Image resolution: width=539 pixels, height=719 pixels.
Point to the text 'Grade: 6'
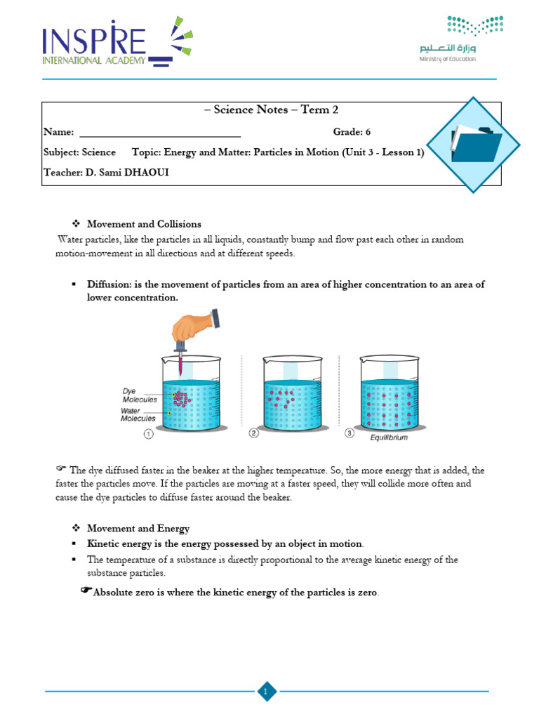[x=352, y=132]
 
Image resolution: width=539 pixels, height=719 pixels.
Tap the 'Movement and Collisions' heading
[x=144, y=224]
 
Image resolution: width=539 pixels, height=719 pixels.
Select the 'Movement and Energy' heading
[x=138, y=528]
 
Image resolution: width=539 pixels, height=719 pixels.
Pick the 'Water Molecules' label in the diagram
[x=138, y=414]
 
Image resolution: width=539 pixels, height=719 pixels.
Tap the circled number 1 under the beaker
[x=149, y=434]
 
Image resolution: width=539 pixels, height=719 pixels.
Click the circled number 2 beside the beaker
[x=253, y=434]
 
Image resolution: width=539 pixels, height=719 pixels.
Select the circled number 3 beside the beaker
[x=349, y=433]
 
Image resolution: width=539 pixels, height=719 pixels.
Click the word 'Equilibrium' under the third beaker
[x=389, y=437]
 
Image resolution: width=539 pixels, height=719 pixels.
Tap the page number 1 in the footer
[x=266, y=693]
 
